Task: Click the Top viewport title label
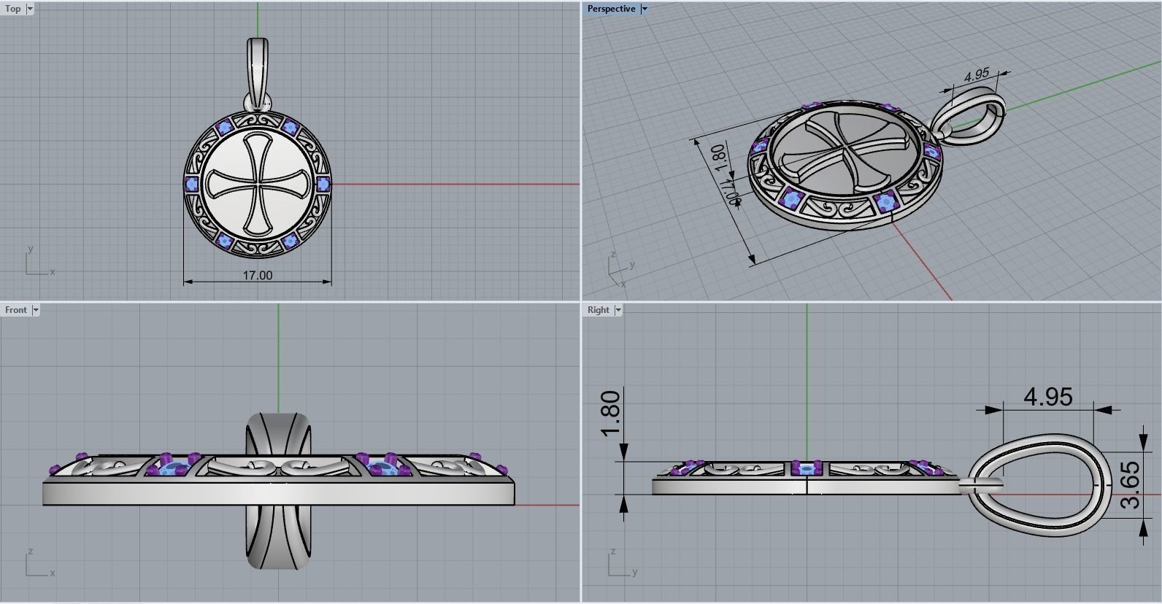click(13, 9)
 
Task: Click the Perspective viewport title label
click(611, 9)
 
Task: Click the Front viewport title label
click(15, 310)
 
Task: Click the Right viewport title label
click(598, 310)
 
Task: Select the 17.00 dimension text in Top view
click(257, 276)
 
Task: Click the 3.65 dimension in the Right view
click(1128, 485)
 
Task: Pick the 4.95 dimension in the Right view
click(1047, 397)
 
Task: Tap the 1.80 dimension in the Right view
click(610, 413)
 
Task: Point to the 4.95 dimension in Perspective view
click(976, 74)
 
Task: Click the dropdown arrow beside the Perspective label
click(645, 9)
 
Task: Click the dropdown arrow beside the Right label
click(618, 310)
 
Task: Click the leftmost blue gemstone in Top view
click(192, 183)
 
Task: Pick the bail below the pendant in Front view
click(277, 540)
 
